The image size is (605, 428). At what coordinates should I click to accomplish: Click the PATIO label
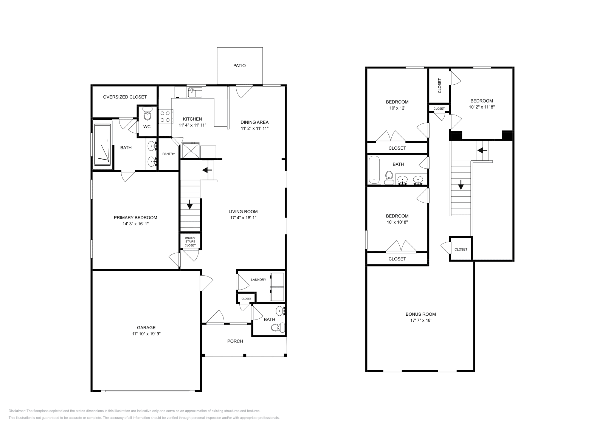239,66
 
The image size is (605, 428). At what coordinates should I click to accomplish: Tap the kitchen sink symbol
195,92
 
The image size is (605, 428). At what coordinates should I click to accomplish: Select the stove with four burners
165,116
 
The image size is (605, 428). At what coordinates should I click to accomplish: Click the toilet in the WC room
147,115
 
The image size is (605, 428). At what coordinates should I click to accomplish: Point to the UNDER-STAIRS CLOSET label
190,241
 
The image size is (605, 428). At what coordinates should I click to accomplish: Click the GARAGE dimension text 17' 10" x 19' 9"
146,334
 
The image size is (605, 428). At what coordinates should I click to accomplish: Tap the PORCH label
235,341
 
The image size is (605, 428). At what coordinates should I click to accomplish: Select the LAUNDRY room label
258,280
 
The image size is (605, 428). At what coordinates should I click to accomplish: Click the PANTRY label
168,154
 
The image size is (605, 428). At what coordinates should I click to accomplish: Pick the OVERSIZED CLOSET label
125,97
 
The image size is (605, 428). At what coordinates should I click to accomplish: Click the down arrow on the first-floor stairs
190,206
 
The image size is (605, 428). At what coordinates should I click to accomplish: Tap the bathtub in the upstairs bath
374,170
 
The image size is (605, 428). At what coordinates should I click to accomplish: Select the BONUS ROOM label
420,314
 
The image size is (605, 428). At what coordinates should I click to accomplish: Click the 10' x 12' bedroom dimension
397,108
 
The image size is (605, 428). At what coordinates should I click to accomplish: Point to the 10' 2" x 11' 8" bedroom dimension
481,107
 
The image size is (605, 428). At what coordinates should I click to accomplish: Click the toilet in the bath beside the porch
280,328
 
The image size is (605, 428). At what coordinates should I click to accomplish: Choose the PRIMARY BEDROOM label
135,217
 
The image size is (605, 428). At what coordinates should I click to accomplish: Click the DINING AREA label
254,122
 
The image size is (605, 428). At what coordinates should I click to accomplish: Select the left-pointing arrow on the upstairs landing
482,150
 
